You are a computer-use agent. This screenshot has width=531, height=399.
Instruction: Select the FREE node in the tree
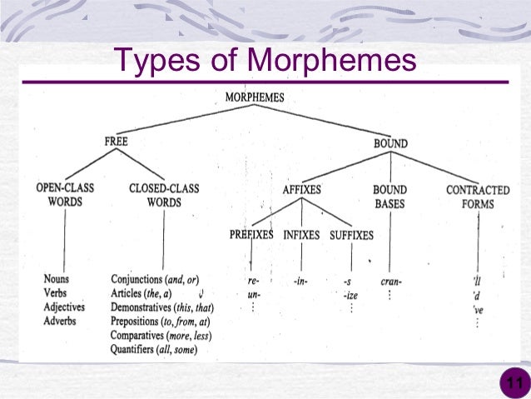click(x=117, y=142)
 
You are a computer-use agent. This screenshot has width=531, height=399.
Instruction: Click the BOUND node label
click(x=390, y=143)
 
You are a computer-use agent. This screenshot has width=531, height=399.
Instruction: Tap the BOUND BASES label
click(x=390, y=196)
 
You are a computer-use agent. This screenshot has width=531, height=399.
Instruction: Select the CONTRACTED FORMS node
click(x=478, y=197)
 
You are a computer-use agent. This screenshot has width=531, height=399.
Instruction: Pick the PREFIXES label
click(x=251, y=235)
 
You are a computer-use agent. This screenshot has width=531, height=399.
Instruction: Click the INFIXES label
click(x=300, y=235)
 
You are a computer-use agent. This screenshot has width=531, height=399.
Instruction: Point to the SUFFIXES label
click(x=351, y=235)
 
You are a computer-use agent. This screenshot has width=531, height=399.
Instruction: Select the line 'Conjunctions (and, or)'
click(x=155, y=280)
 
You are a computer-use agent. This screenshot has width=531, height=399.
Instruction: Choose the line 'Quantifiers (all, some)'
click(x=155, y=350)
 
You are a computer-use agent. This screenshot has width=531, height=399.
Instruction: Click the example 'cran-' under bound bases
click(x=390, y=281)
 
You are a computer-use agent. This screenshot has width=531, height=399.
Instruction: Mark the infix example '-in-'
click(x=300, y=281)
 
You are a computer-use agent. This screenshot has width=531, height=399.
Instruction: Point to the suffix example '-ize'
click(x=350, y=295)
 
